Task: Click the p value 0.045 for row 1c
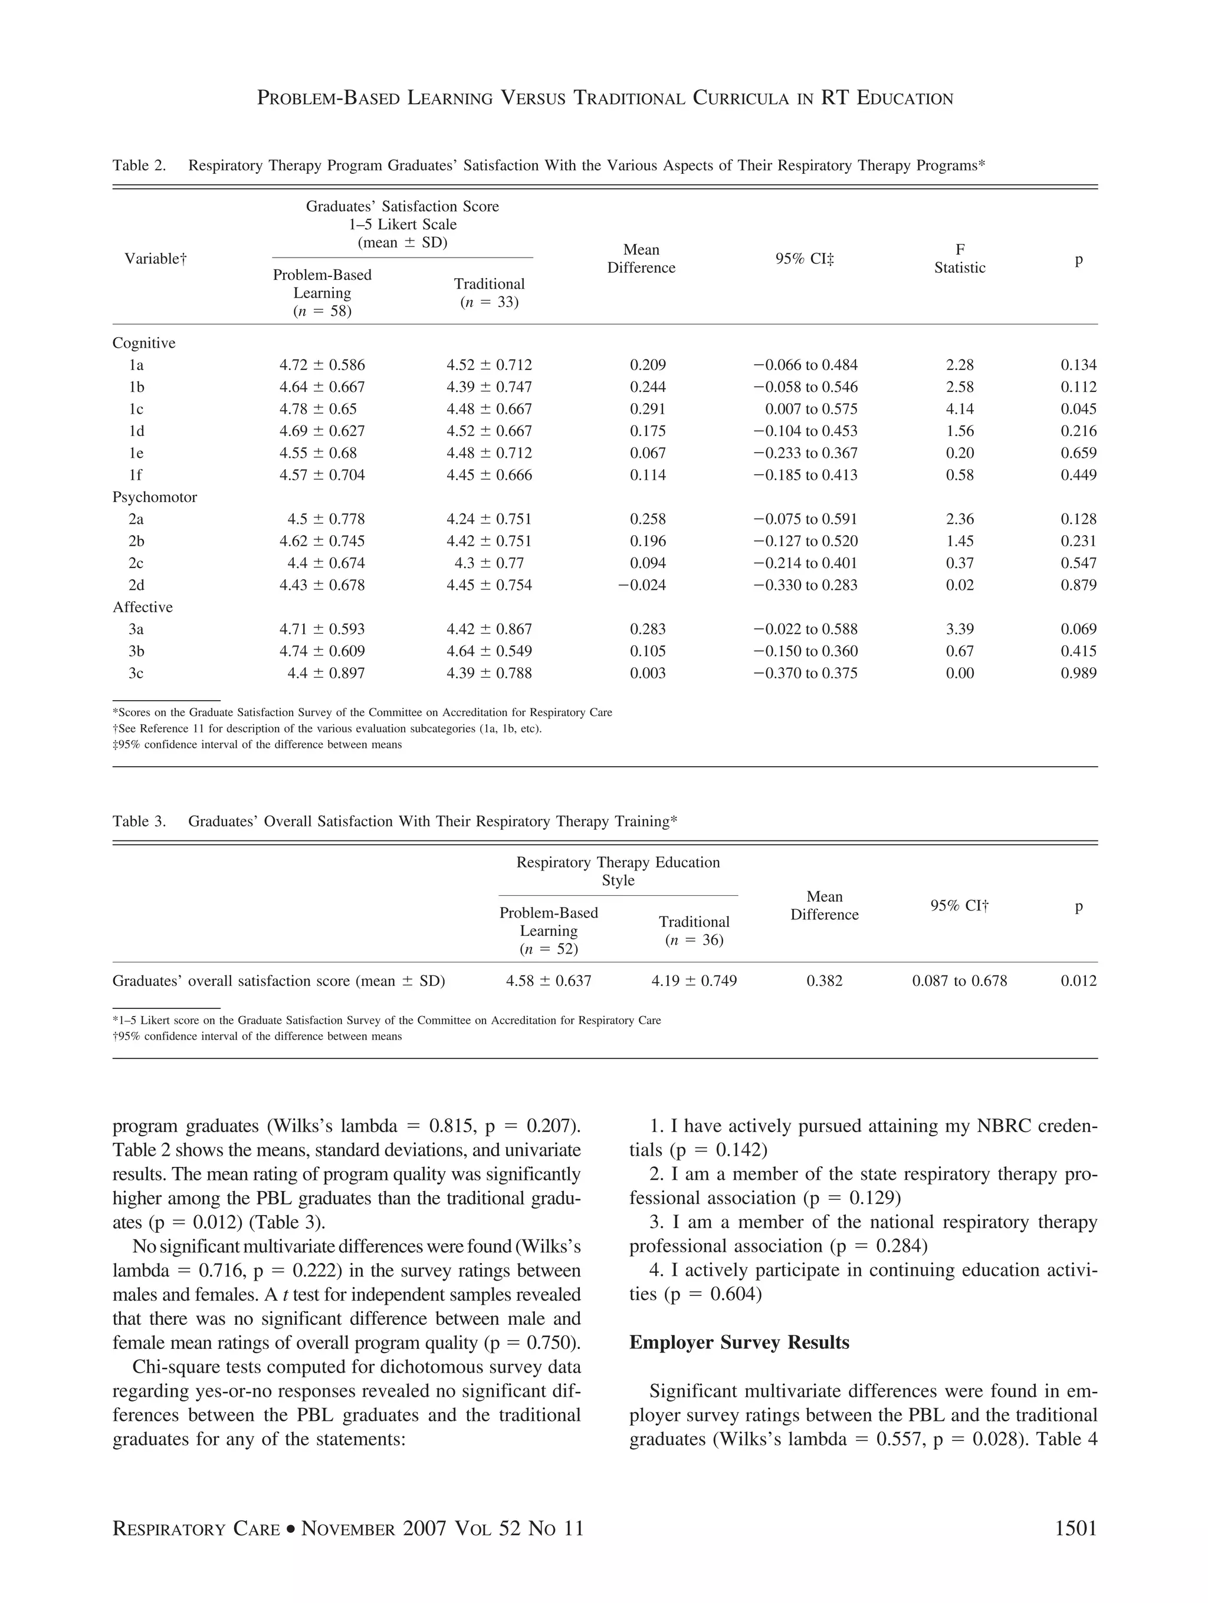(x=1078, y=409)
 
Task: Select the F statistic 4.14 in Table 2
(x=959, y=409)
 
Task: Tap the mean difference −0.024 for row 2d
(x=641, y=585)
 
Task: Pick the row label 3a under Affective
(x=136, y=629)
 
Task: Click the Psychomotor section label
(x=155, y=497)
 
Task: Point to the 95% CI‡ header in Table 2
(x=804, y=259)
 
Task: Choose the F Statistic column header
(x=959, y=259)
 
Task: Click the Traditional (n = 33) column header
(x=490, y=293)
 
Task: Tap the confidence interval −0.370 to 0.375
(x=805, y=673)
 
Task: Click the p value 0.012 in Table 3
(x=1078, y=981)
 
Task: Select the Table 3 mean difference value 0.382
(x=825, y=981)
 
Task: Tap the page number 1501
(x=1075, y=1529)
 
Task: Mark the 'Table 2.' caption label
(x=139, y=165)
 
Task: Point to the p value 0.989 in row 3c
(x=1078, y=673)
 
